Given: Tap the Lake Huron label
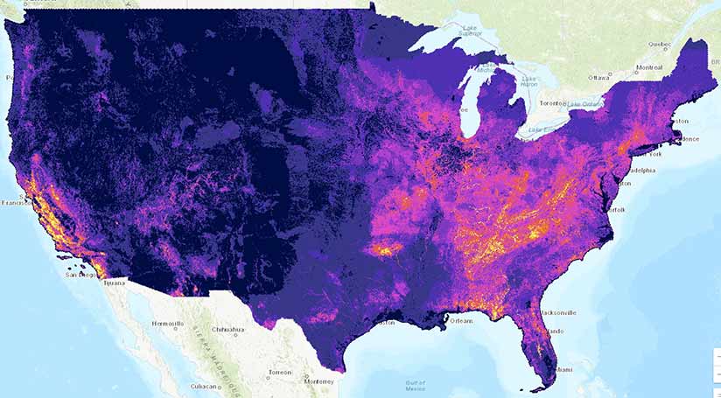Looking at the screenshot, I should click(x=528, y=80).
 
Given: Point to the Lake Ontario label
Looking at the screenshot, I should click(x=585, y=105).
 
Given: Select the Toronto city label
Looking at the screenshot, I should click(x=550, y=102).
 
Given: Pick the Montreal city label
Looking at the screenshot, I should click(x=648, y=67).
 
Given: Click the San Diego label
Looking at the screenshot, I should click(x=81, y=275).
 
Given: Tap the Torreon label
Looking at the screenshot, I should click(x=280, y=372).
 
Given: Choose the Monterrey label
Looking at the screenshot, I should click(x=318, y=381).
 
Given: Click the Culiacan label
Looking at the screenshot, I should click(x=204, y=386).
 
